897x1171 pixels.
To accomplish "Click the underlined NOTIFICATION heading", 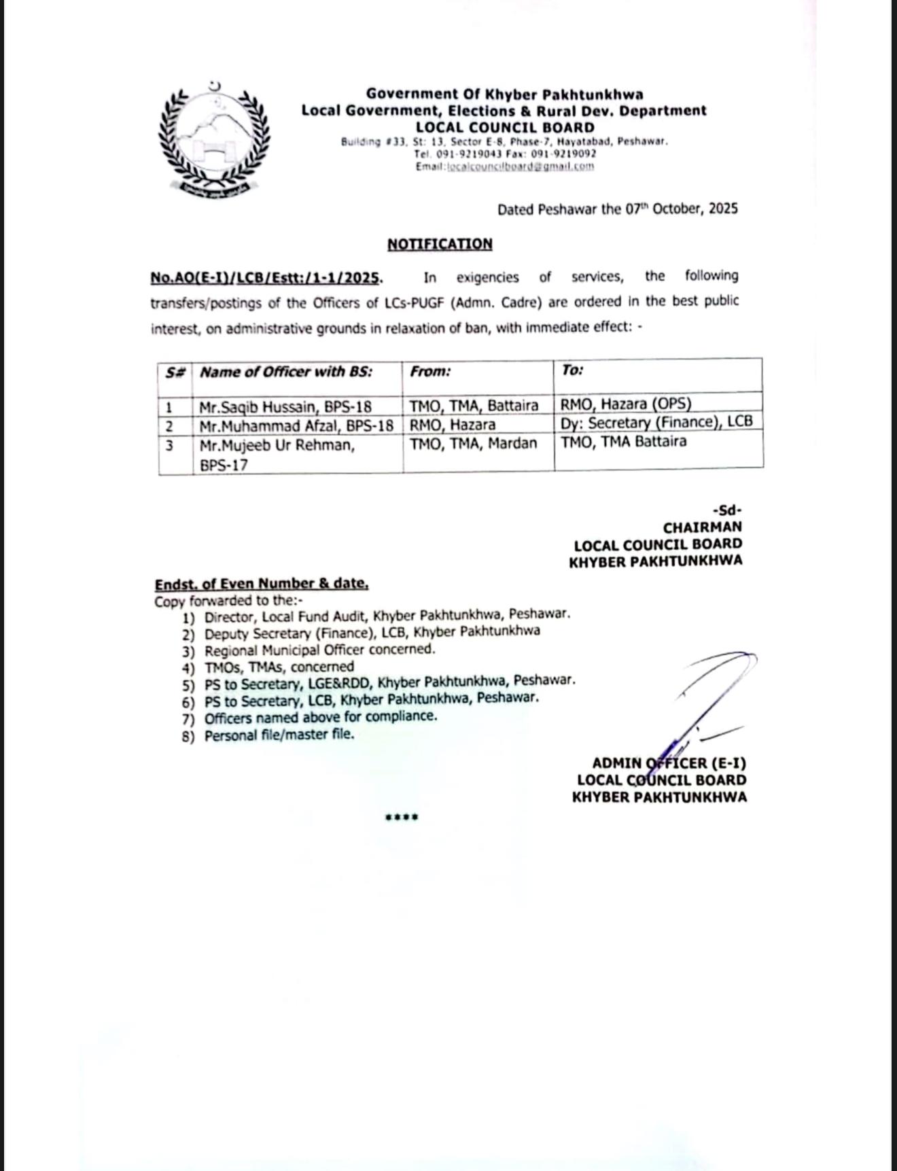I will click(x=440, y=244).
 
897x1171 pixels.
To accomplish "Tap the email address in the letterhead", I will click(x=521, y=166).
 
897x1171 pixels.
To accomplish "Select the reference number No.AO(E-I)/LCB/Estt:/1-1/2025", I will click(x=265, y=278).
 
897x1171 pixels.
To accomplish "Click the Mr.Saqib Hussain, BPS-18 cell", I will click(x=285, y=407).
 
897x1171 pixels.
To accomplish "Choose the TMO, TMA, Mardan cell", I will click(x=473, y=444).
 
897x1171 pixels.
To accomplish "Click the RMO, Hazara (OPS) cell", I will click(x=626, y=404).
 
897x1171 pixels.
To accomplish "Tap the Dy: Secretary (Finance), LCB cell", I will click(x=656, y=422).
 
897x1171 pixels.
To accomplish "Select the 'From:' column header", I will click(x=431, y=372).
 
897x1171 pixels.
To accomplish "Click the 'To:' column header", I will click(x=573, y=370).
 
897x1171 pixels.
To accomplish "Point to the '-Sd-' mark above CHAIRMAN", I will click(x=727, y=510).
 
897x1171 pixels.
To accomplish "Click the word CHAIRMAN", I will click(x=703, y=527).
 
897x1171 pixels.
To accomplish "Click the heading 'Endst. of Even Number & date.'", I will click(x=262, y=584).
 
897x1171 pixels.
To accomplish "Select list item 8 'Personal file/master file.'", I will click(x=279, y=735).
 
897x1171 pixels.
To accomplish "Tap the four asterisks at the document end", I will click(x=402, y=817).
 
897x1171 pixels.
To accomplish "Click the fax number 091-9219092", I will click(x=568, y=154).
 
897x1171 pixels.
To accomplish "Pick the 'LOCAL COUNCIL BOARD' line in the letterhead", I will click(x=505, y=127).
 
